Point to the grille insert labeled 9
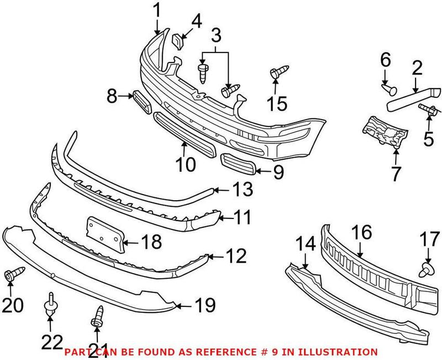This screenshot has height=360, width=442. point(238,164)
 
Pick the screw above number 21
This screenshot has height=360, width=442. point(97,315)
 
